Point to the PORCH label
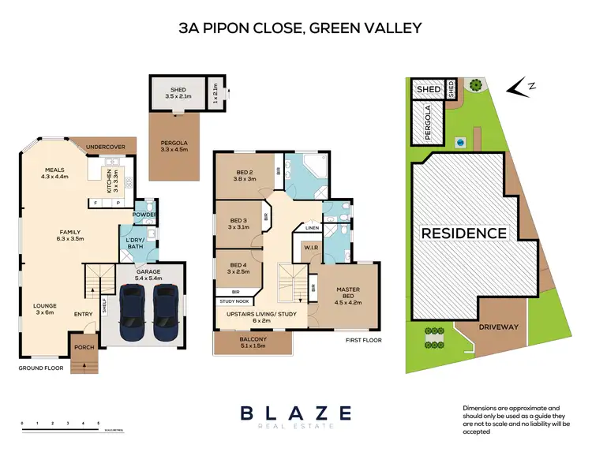[82, 347]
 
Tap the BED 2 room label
[243, 175]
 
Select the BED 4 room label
[238, 269]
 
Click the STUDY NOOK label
[234, 301]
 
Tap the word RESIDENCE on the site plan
[463, 233]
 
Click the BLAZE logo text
[295, 413]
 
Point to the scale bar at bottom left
[60, 427]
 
